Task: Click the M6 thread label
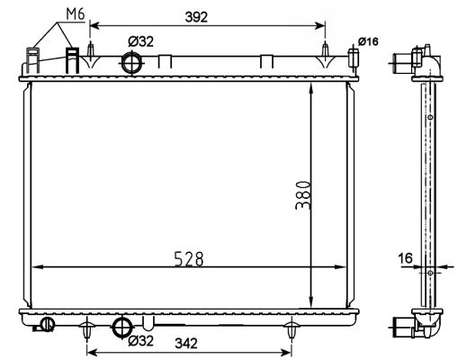(76, 14)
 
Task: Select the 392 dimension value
(196, 17)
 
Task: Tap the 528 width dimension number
(189, 259)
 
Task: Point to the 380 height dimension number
(303, 194)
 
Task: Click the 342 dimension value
(186, 343)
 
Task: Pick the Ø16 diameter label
(368, 41)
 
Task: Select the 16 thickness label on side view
(405, 258)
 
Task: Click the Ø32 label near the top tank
(140, 41)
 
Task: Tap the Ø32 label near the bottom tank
(140, 340)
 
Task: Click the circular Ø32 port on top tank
(131, 63)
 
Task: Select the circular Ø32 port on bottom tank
(122, 328)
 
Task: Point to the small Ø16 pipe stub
(354, 58)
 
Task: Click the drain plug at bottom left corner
(46, 325)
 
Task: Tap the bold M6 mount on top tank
(72, 60)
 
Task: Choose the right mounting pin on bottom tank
(292, 330)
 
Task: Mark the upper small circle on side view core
(430, 117)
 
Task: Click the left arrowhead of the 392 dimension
(94, 26)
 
